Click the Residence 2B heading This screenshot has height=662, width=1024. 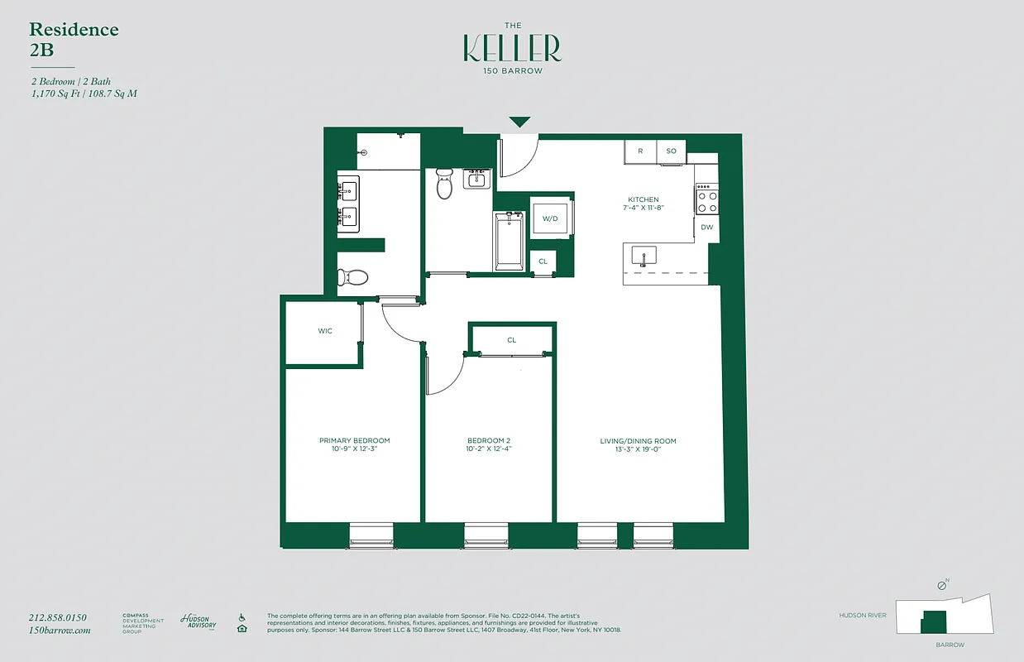(74, 38)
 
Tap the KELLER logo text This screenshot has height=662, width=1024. (511, 49)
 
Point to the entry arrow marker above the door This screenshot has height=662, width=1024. (519, 122)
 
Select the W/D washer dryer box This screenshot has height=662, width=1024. (549, 219)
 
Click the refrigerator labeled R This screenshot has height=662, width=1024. (639, 151)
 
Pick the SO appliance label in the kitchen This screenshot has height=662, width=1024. (671, 151)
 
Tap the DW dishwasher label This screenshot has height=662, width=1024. (706, 227)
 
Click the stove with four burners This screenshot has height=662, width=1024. (706, 199)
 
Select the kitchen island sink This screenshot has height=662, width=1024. (644, 255)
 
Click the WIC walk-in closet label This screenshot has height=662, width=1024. (325, 331)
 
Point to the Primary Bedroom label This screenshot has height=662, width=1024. (354, 440)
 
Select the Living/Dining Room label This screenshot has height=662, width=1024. (638, 441)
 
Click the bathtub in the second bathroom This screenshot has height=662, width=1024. (509, 240)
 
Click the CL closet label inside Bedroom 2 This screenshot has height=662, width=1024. (511, 340)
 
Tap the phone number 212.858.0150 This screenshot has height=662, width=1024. (57, 617)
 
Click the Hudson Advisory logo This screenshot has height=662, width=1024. (198, 621)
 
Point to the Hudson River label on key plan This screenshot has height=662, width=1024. (862, 616)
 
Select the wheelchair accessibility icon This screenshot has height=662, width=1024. (242, 617)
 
